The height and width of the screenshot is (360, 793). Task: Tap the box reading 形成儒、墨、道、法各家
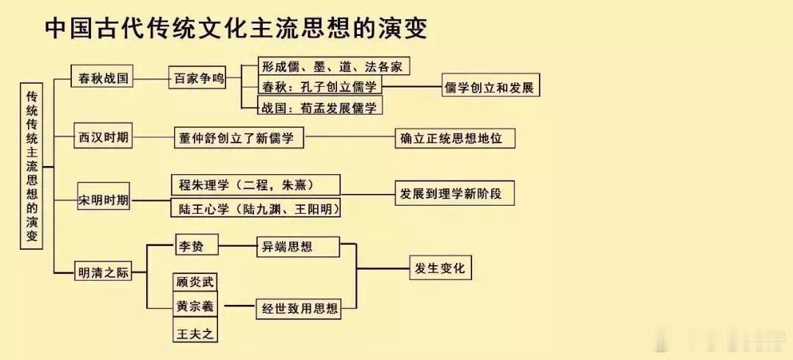point(333,66)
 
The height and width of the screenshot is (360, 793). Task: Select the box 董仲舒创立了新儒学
point(239,137)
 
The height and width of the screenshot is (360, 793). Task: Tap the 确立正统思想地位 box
point(455,137)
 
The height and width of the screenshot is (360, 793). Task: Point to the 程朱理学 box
point(256,185)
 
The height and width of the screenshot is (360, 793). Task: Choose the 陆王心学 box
point(256,207)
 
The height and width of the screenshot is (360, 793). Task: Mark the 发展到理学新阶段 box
point(455,193)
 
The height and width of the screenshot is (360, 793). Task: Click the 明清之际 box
point(103,271)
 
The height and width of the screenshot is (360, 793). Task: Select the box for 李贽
point(196,245)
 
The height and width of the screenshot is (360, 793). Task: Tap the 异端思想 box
point(298,246)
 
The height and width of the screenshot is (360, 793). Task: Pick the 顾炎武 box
point(195,283)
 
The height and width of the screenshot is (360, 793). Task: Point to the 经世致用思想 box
point(299,308)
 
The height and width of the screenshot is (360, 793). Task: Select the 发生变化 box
point(441,267)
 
